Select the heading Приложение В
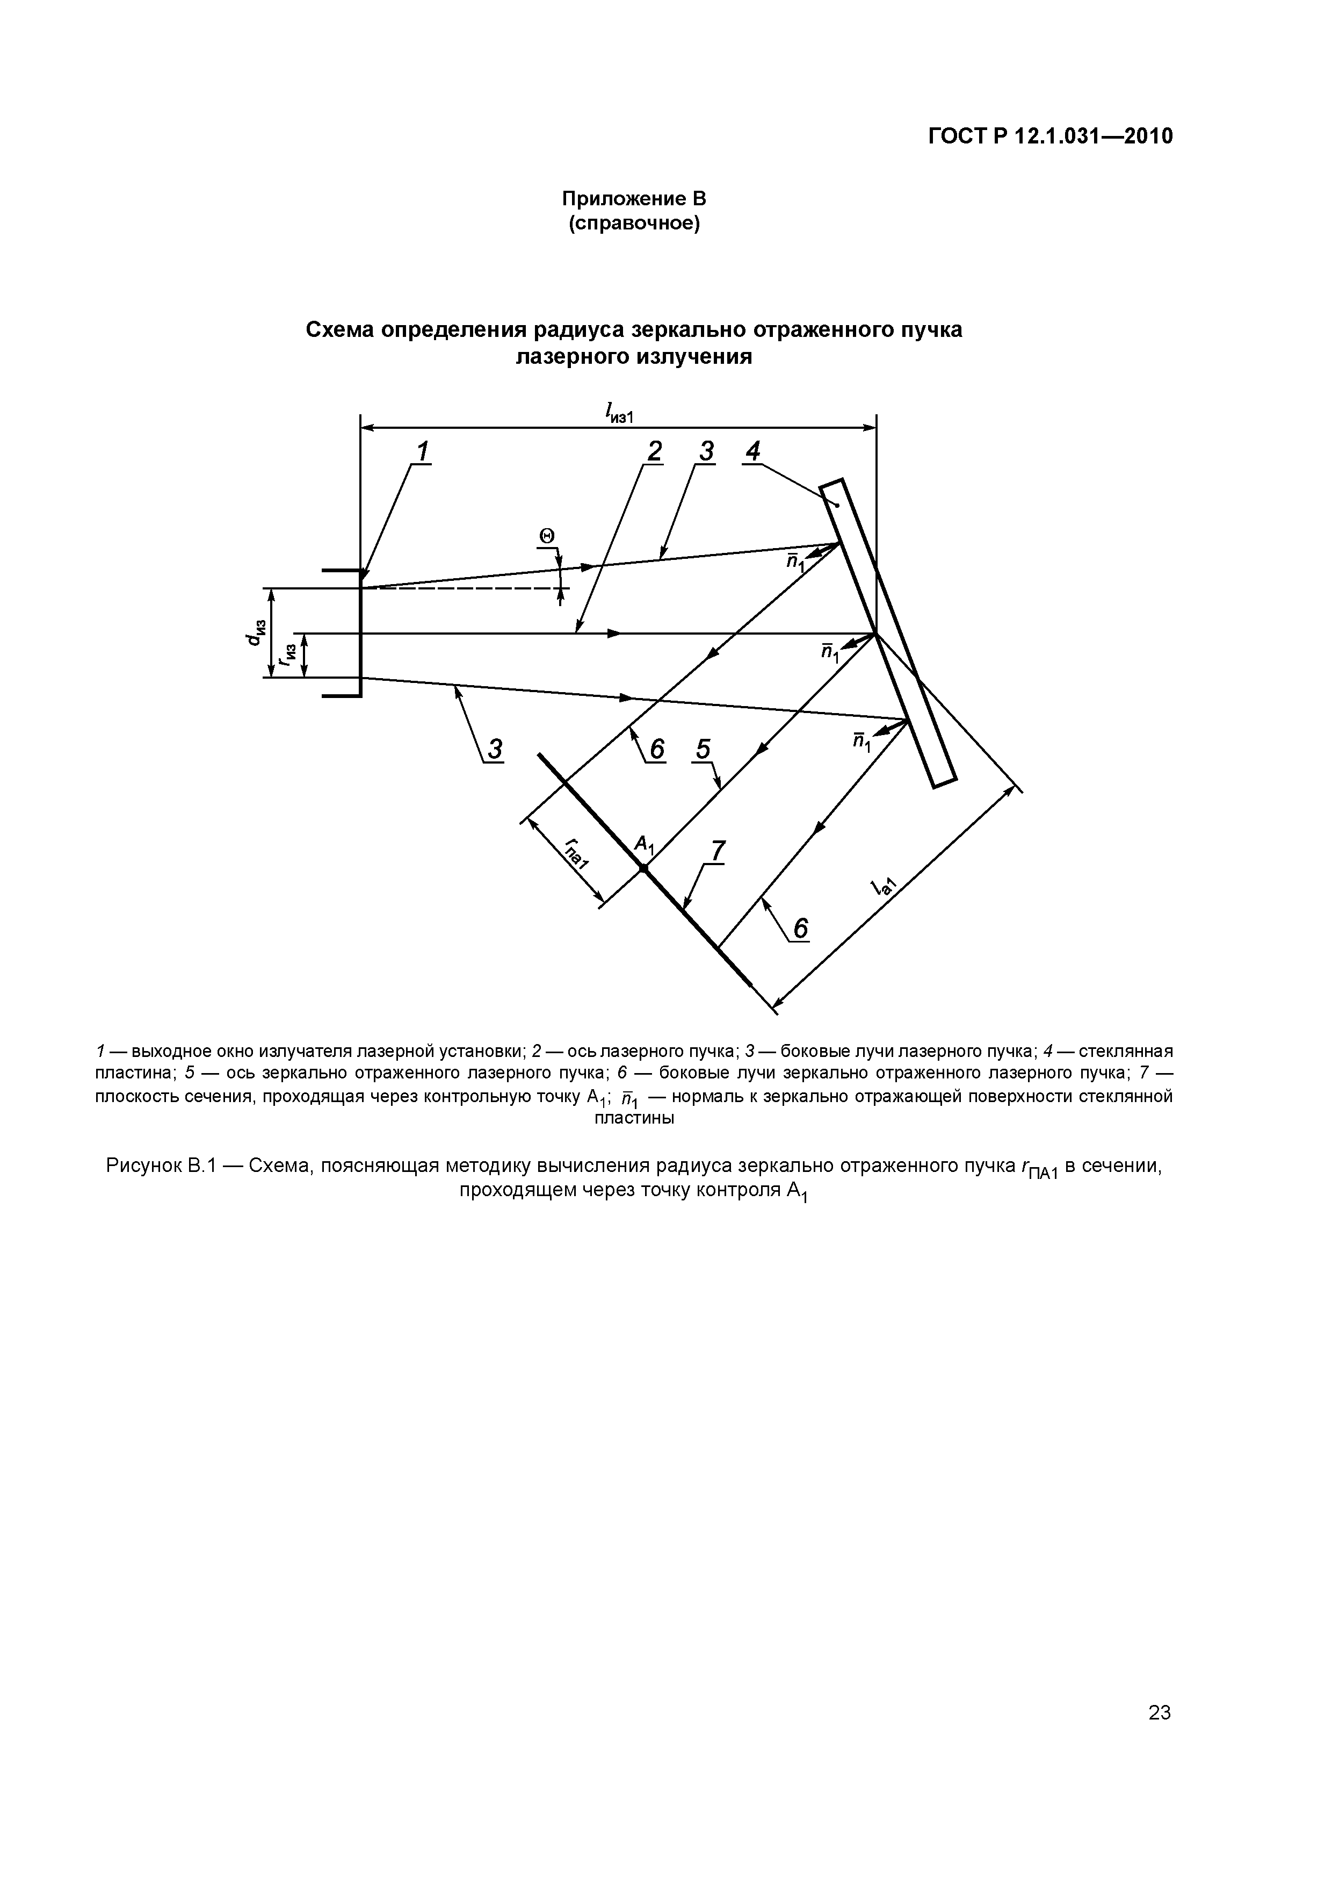click(634, 199)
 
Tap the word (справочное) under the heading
click(634, 224)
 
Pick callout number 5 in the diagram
click(704, 750)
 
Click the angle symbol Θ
click(547, 536)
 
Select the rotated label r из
click(288, 654)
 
